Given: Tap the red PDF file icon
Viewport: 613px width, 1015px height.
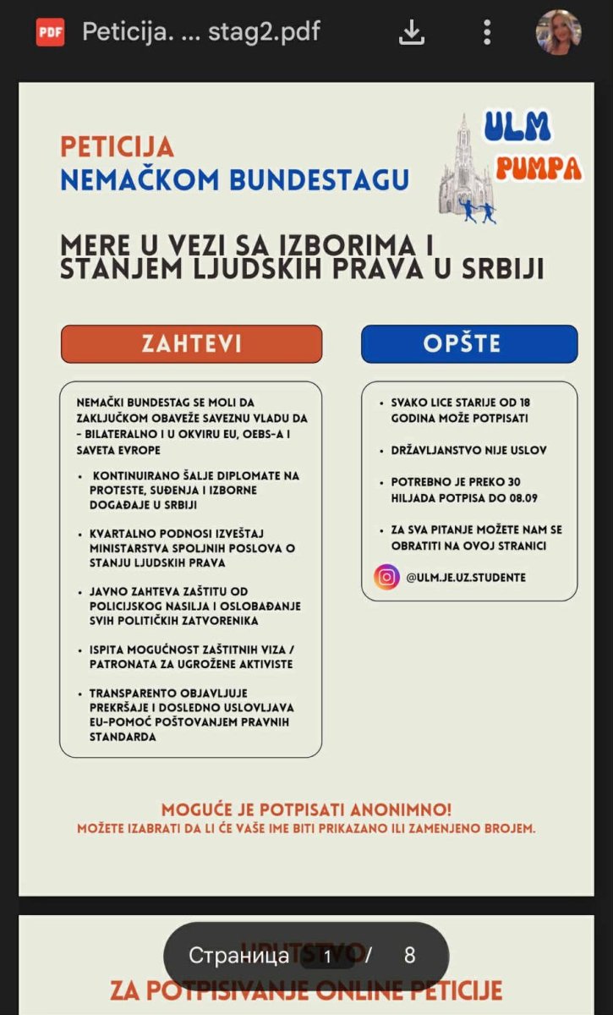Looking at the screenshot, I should click(x=50, y=32).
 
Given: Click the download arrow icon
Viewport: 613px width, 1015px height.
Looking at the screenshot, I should click(x=411, y=32).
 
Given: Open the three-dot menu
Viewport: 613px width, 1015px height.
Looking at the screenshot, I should click(x=487, y=32).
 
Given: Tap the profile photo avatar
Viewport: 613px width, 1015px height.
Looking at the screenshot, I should click(x=559, y=32).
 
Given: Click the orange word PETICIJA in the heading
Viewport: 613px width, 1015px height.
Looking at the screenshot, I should click(x=117, y=146).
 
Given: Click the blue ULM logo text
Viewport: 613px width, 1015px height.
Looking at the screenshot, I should click(x=517, y=127).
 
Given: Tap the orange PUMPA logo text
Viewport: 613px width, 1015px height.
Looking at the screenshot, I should click(x=539, y=167).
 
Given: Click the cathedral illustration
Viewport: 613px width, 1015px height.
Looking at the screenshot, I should click(x=465, y=169).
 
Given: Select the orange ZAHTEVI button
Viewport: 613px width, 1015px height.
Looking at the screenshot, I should click(x=191, y=344).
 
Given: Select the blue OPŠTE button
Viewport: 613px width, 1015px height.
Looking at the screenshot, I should click(x=468, y=344).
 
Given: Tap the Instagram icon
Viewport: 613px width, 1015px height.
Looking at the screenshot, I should click(x=386, y=577).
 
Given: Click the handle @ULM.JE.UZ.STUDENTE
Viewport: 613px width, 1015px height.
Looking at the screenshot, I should click(x=465, y=578).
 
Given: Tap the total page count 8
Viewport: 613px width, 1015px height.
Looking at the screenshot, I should click(x=410, y=956).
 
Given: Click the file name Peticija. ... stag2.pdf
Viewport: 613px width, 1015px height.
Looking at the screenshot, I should click(x=200, y=32).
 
